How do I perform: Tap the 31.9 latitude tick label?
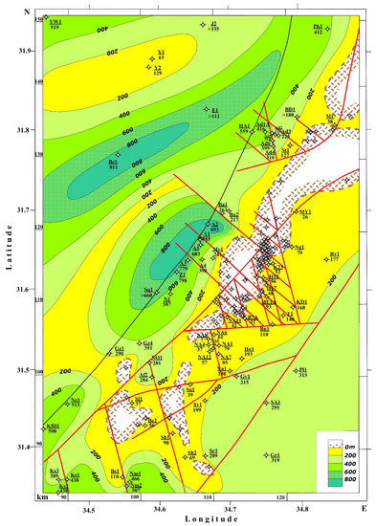tap(17, 52)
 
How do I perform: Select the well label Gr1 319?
tap(275, 459)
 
